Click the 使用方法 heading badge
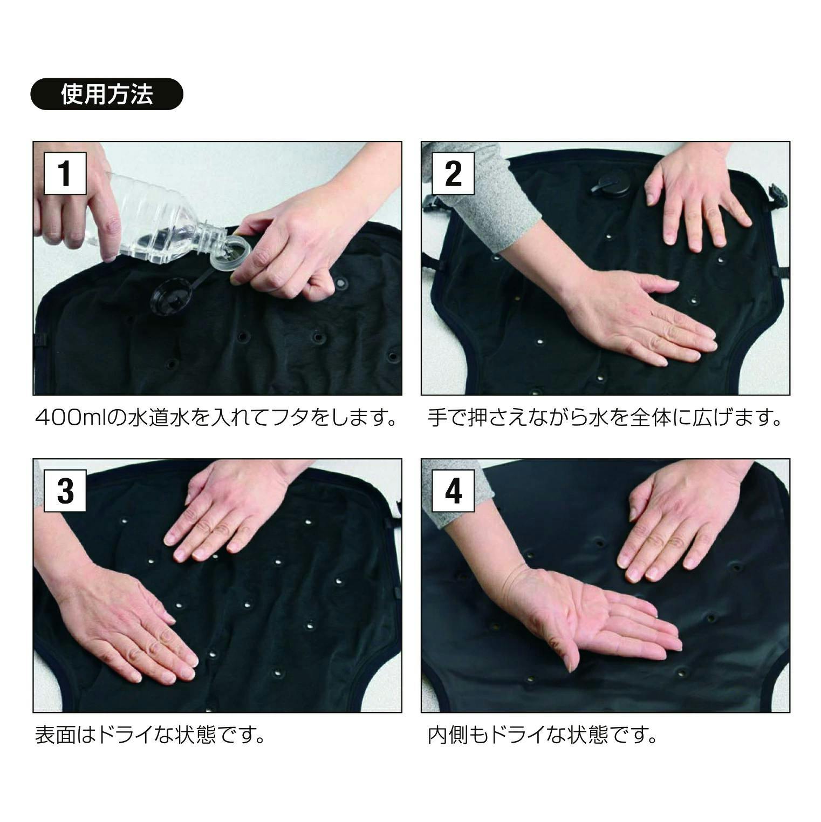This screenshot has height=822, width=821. (x=107, y=94)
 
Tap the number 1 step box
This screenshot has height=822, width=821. (x=65, y=173)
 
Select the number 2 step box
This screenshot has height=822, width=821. (x=453, y=173)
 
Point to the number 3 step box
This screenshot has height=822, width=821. (x=65, y=491)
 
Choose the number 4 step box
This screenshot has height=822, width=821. (x=453, y=491)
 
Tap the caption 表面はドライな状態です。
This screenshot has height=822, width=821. (x=150, y=735)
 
